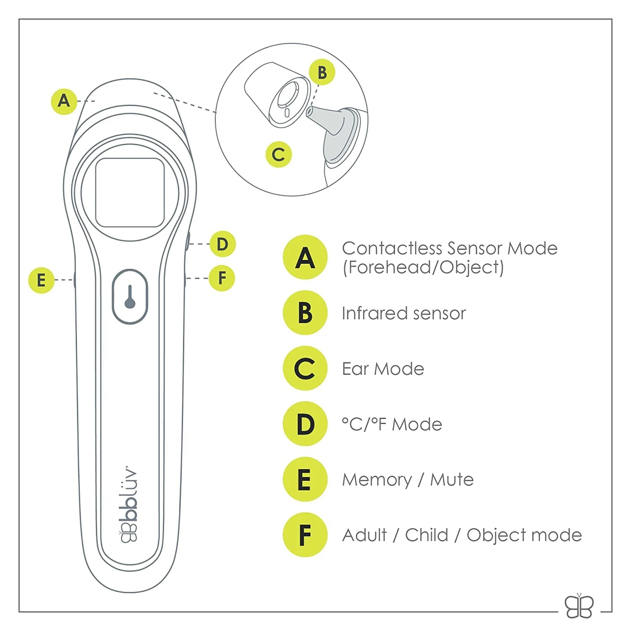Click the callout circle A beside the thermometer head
tap(64, 101)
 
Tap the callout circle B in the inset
tap(322, 72)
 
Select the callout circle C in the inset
tap(278, 154)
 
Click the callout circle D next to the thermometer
tap(222, 244)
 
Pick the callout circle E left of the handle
tap(41, 280)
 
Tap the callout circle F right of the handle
tap(222, 278)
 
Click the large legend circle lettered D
tap(305, 424)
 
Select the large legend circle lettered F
tap(305, 535)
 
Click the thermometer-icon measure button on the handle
tap(130, 297)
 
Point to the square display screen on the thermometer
tap(130, 193)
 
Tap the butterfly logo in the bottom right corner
tap(579, 606)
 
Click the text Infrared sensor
tap(404, 313)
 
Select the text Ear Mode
tap(383, 369)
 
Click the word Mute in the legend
tap(452, 480)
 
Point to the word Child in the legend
tap(426, 535)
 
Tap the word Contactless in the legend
tap(392, 248)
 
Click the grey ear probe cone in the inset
tap(330, 122)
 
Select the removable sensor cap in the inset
tap(276, 95)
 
